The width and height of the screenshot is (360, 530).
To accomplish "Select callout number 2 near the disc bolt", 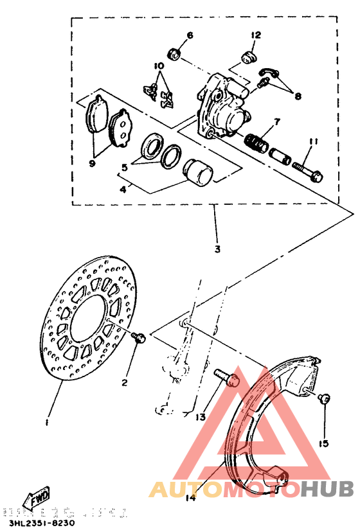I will (x=125, y=383).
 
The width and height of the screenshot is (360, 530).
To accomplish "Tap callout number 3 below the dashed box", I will (x=217, y=249).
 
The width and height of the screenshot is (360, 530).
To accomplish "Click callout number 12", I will (x=255, y=35).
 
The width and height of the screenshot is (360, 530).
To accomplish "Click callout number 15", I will (x=323, y=443).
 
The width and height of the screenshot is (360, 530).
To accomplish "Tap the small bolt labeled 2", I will (x=138, y=337).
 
